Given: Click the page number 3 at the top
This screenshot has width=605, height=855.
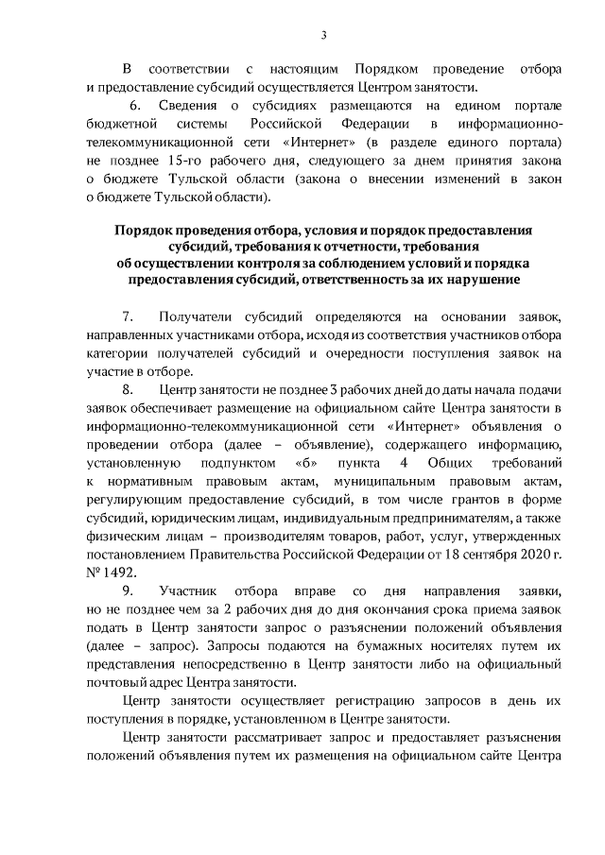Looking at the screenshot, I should (x=323, y=36).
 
